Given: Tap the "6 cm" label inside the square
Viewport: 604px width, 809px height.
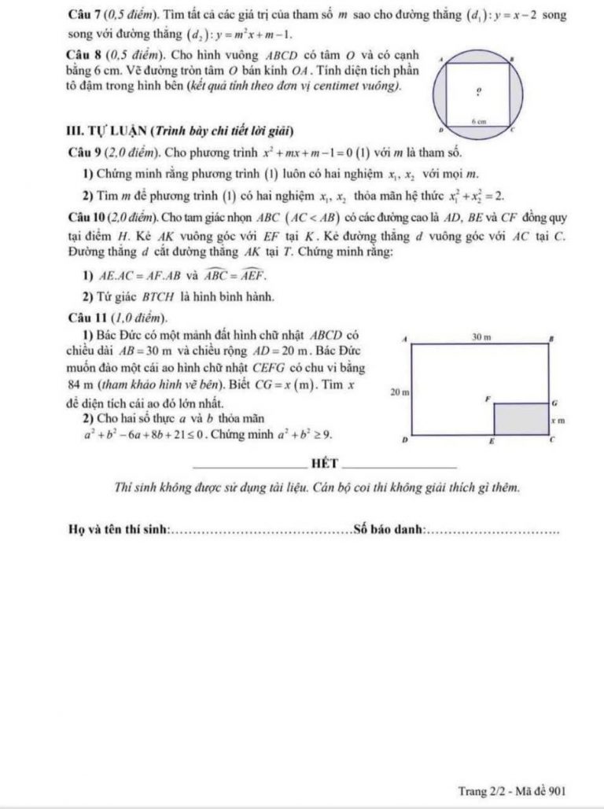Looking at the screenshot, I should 476,121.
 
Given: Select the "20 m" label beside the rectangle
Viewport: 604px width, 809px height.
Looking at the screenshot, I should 400,390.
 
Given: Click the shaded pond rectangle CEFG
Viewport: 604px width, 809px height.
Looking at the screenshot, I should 520,419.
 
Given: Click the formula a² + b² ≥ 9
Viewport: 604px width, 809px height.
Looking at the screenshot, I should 295,433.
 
